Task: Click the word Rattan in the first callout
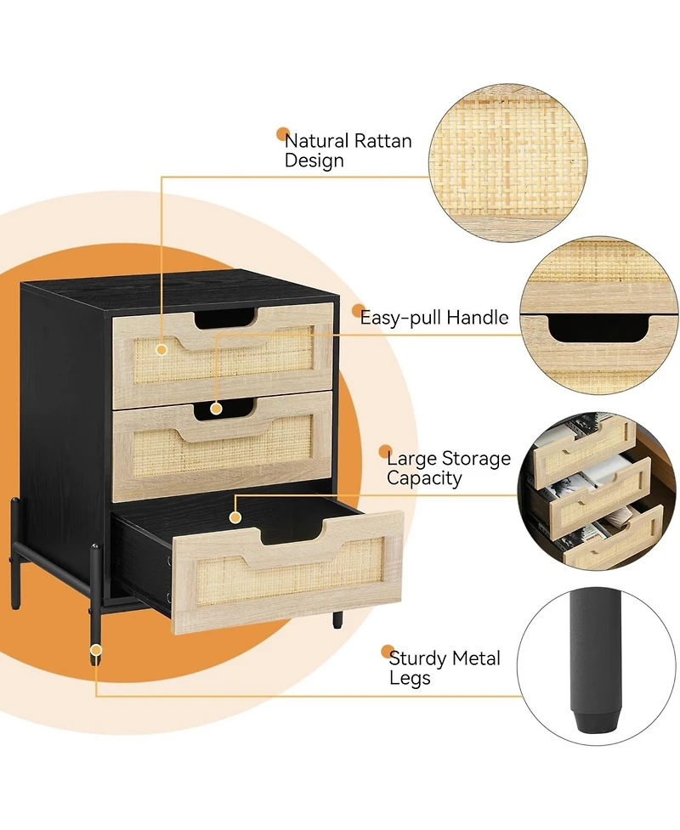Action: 382,140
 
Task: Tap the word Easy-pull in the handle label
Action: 396,319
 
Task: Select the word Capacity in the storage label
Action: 424,478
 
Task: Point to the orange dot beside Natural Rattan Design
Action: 281,134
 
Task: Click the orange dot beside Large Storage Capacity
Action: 384,453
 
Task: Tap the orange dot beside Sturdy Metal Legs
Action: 387,651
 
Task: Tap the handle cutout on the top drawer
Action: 224,319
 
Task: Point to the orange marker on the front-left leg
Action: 96,652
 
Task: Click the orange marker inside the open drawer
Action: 235,514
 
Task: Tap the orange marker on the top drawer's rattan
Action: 161,347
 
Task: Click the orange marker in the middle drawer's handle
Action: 217,408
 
